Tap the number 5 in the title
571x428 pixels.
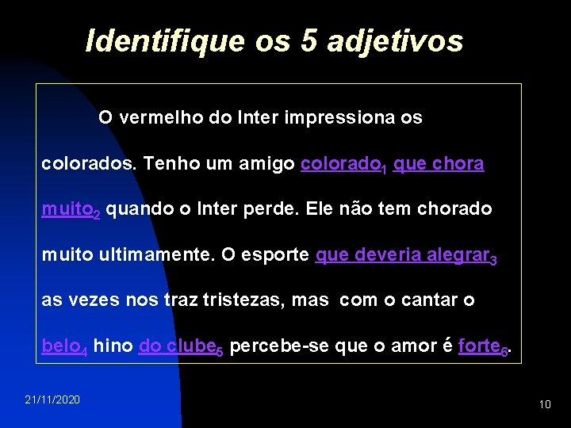[308, 40]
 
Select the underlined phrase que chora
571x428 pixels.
[439, 164]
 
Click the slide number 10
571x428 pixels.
[544, 404]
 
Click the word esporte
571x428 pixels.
[277, 256]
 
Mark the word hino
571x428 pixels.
[113, 346]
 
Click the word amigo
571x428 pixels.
[270, 164]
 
